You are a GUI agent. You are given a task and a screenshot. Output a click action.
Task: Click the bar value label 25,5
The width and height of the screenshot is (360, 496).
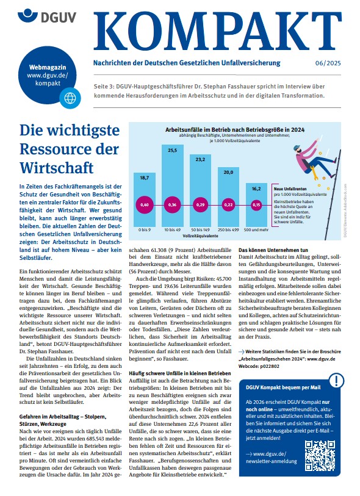pyautogui.click(x=173, y=149)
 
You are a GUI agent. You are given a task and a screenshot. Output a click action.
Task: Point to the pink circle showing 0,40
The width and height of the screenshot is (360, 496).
pyautogui.click(x=144, y=205)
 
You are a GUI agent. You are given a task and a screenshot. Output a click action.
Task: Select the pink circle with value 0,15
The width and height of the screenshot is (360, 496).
pyautogui.click(x=256, y=205)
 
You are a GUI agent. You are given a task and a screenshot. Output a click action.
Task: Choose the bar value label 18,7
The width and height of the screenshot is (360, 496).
pyautogui.click(x=144, y=178)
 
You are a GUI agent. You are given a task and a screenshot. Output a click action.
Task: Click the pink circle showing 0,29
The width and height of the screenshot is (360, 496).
pyautogui.click(x=200, y=205)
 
